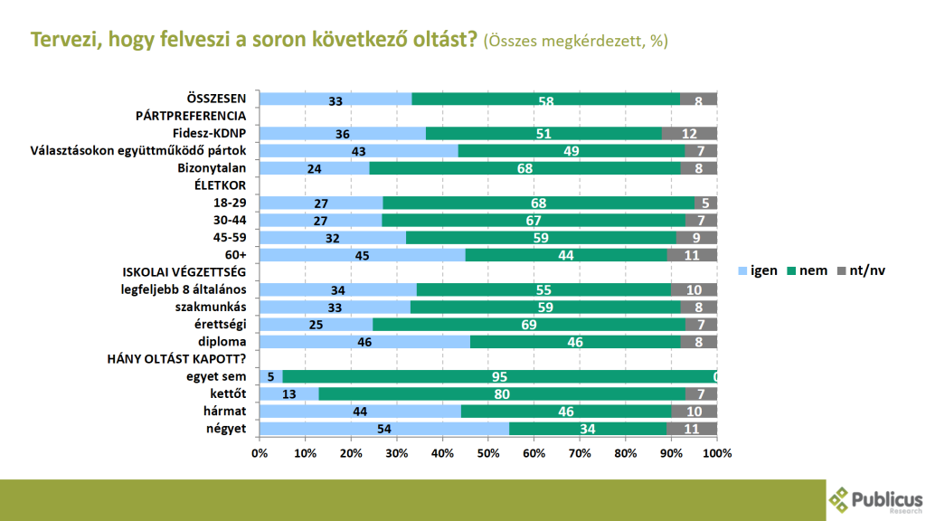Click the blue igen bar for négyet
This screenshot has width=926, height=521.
384,428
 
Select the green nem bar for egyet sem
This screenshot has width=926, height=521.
497,376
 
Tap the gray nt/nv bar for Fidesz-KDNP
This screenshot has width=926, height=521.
690,134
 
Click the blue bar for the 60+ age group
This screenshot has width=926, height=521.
362,255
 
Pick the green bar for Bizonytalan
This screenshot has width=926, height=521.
524,168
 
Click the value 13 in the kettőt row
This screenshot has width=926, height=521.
288,393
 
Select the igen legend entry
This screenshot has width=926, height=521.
758,270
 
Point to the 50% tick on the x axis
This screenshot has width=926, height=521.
488,451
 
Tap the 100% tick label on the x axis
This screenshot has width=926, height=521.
717,451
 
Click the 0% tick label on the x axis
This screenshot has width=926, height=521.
260,451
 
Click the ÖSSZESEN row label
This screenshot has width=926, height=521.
216,99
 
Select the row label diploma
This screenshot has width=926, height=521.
222,341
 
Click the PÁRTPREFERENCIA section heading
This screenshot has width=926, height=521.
191,116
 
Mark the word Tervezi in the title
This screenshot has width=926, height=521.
61,40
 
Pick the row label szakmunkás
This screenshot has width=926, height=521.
211,307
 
